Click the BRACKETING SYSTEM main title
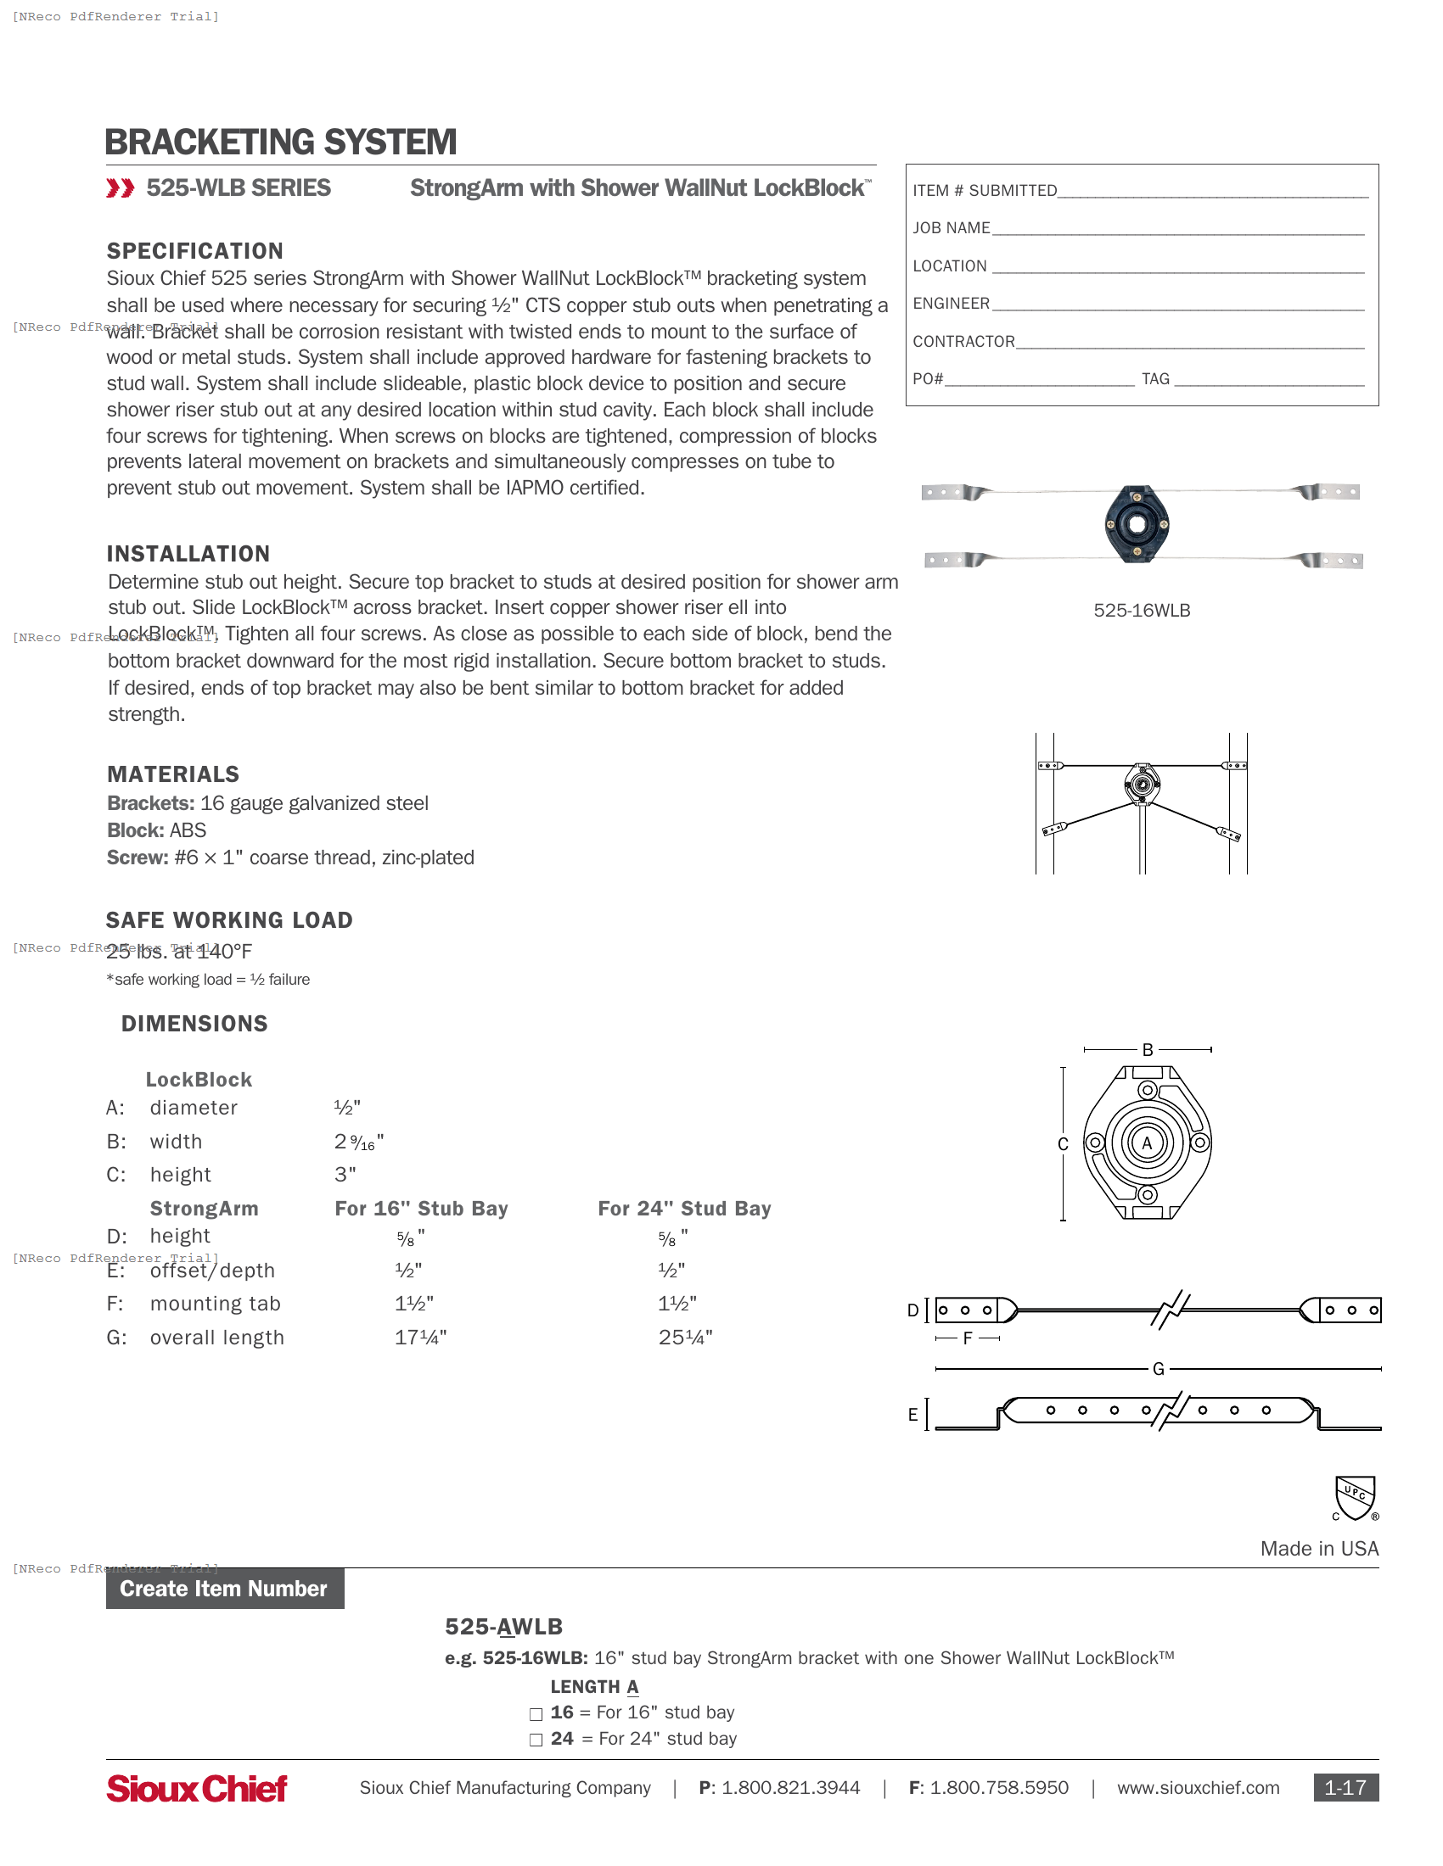pos(280,142)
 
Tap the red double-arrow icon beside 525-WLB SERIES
pos(120,188)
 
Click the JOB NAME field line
pos(1177,229)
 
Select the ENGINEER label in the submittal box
pos(951,304)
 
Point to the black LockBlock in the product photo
pos(1136,523)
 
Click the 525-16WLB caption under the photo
pos(1141,610)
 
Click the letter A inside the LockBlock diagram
pos(1148,1143)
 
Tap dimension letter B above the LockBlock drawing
pos(1148,1050)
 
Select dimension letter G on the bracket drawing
pos(1158,1369)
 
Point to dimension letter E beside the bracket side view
pos(912,1415)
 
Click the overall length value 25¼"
pos(685,1337)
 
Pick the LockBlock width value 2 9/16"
pos(359,1143)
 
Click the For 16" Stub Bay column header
pos(420,1208)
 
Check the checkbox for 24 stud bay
pos(536,1740)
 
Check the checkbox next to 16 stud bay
pos(536,1714)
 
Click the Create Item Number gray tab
pos(224,1589)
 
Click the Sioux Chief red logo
pos(197,1788)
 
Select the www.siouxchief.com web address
pos(1198,1788)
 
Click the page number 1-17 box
pos(1345,1787)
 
